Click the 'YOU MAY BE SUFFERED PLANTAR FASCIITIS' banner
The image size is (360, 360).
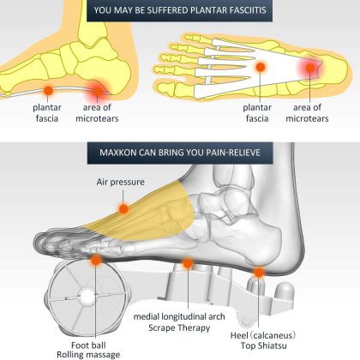pyautogui.click(x=179, y=10)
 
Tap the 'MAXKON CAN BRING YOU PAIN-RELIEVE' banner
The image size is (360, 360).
pyautogui.click(x=180, y=153)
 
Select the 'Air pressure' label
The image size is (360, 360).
pyautogui.click(x=120, y=182)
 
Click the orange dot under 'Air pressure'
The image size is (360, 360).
pyautogui.click(x=123, y=208)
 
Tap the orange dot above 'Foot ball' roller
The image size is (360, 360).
pyautogui.click(x=96, y=260)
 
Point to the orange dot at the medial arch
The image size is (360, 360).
pyautogui.click(x=188, y=263)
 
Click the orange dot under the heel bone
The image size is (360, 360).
pyautogui.click(x=259, y=273)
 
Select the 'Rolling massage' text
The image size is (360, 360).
pyautogui.click(x=88, y=355)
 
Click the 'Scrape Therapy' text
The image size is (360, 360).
pyautogui.click(x=179, y=327)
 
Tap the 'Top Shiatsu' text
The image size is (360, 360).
pyautogui.click(x=263, y=345)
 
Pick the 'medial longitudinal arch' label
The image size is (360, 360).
pyautogui.click(x=179, y=316)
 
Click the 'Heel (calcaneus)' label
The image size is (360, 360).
pyautogui.click(x=263, y=335)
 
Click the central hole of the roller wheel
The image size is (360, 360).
pyautogui.click(x=87, y=297)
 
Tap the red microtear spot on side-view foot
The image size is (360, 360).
pyautogui.click(x=98, y=91)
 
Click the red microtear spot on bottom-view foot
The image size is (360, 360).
pyautogui.click(x=310, y=68)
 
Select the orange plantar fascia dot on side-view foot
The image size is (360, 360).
pyautogui.click(x=48, y=91)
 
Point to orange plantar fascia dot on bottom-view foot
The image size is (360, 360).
pyautogui.click(x=261, y=67)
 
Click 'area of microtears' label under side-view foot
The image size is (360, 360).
pyautogui.click(x=97, y=113)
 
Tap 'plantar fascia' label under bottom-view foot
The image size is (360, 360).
pyautogui.click(x=257, y=113)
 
